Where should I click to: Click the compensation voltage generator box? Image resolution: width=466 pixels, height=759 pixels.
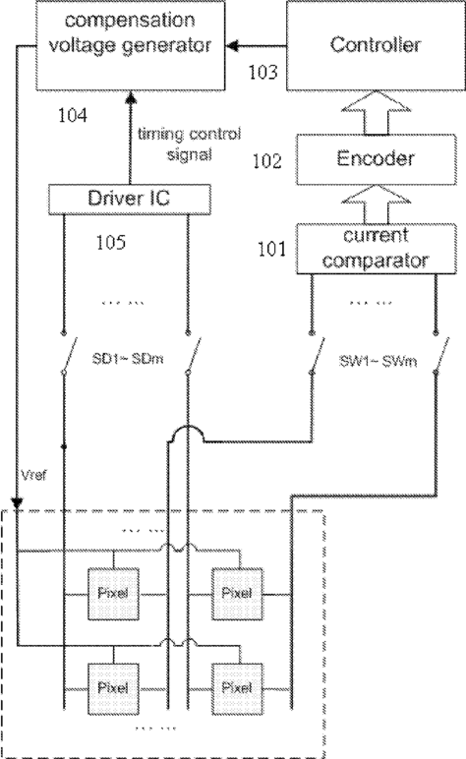click(130, 45)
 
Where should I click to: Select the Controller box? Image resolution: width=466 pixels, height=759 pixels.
click(376, 45)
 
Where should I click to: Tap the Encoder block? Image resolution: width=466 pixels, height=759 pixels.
click(376, 159)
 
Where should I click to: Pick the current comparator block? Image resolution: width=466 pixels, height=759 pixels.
click(376, 249)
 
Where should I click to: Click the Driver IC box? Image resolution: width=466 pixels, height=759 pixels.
click(130, 199)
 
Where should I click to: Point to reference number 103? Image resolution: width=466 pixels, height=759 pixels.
click(262, 72)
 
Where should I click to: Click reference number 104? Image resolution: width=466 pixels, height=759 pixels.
click(73, 116)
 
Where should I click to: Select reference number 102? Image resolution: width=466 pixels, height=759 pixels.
click(267, 160)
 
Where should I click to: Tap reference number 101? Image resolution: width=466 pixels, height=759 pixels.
click(271, 249)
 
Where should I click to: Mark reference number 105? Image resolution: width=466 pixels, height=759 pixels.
click(111, 242)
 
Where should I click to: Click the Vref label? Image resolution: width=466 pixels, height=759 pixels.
click(33, 475)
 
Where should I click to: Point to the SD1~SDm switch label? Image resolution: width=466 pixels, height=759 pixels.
click(128, 359)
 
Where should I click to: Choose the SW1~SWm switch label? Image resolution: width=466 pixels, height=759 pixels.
click(378, 361)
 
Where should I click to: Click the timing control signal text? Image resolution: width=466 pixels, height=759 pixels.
click(189, 144)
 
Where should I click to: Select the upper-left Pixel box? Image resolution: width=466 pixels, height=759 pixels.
click(113, 594)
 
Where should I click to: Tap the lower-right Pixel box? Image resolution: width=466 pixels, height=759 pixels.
click(237, 688)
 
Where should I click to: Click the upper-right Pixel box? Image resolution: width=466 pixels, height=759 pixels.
click(237, 594)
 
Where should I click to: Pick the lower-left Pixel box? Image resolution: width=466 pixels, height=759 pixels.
click(113, 688)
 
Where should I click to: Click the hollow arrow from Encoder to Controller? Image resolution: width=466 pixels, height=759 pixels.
click(376, 113)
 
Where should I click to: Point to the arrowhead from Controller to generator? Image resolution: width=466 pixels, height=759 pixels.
click(232, 46)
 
